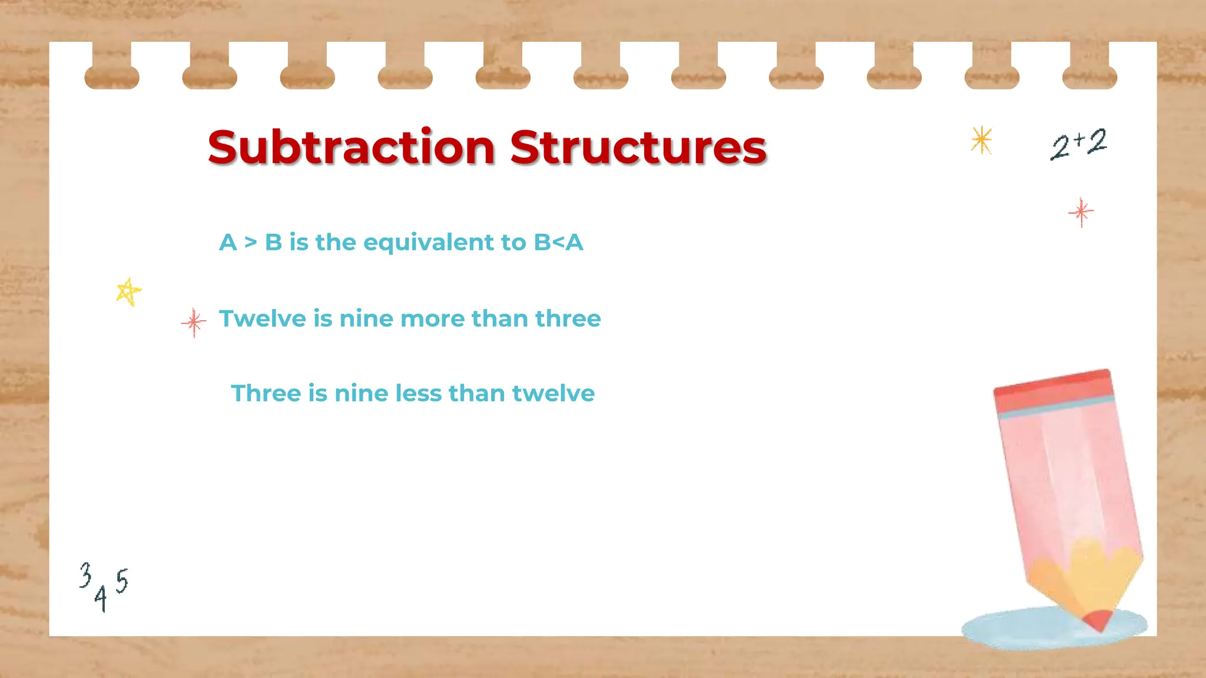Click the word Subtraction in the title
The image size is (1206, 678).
pos(351,147)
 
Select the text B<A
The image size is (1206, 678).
pos(558,242)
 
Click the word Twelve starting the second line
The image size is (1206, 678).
pos(263,318)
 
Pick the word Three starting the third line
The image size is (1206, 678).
pos(266,393)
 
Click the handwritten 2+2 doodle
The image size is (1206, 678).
pos(1078,144)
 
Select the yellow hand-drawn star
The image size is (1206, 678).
pos(128,291)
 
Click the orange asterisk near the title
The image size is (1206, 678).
pos(982,141)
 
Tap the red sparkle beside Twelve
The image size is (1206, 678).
pos(194,322)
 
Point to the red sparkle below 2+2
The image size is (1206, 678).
pos(1081,212)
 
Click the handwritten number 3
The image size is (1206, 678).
pos(86,575)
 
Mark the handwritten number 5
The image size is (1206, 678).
pos(121,581)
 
